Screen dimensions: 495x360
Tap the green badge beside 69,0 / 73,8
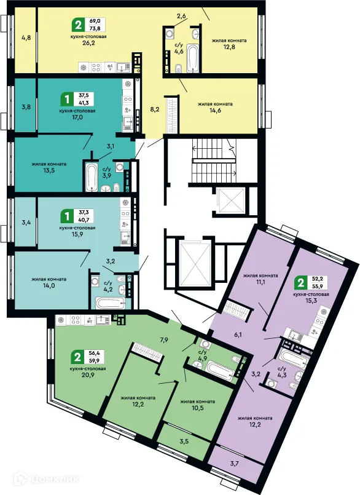(77, 25)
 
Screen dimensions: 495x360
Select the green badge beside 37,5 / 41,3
(65, 98)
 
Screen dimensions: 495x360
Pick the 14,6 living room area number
(214, 111)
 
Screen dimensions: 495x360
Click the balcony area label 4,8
(26, 38)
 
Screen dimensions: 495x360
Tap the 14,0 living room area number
(49, 285)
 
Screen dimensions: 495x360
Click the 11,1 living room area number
(261, 282)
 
